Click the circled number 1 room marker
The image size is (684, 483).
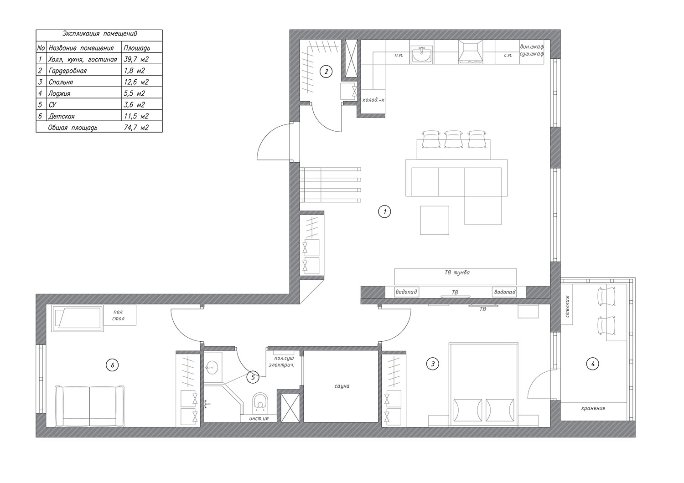384,211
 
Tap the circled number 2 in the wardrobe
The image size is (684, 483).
326,72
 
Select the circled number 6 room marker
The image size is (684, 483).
112,365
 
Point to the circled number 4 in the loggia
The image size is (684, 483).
593,364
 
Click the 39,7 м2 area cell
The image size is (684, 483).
136,59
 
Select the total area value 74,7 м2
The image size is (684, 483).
136,127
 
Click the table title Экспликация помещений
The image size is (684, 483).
99,34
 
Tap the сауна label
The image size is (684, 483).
342,386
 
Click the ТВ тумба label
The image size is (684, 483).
457,272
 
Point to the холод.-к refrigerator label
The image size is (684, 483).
373,100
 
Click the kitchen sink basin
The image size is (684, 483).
422,55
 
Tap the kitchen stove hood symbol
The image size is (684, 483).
471,52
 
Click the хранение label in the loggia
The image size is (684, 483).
593,408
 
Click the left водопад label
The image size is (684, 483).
406,292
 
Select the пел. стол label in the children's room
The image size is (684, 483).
119,315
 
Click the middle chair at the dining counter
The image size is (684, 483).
453,139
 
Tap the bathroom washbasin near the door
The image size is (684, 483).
212,367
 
